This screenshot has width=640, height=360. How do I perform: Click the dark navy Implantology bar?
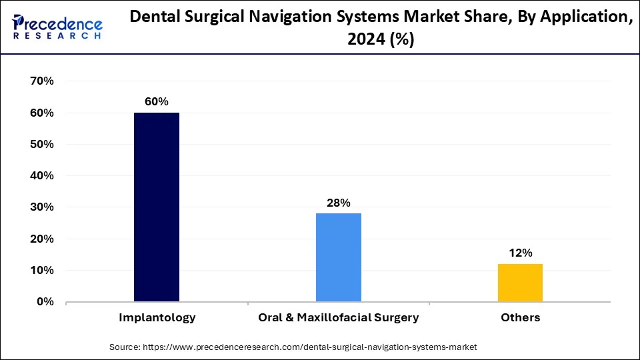point(157,207)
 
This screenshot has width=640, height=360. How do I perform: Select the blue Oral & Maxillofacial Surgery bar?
point(339,257)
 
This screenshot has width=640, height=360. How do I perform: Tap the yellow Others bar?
point(520,283)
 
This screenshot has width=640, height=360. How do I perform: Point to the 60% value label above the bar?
point(157,102)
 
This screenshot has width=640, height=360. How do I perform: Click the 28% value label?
point(339,203)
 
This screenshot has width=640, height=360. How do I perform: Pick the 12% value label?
point(520,253)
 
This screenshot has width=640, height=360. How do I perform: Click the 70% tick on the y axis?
point(41,81)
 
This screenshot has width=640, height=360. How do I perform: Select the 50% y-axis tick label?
point(41,144)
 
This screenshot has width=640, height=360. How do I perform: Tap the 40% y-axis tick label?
point(41,176)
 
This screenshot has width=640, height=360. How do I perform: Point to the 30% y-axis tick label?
point(41,207)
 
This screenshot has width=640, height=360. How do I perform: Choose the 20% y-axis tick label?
point(41,239)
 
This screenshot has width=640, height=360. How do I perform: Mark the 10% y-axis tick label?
point(41,270)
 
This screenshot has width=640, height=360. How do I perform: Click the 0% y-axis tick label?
point(45,302)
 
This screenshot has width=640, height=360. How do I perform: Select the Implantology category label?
point(157,318)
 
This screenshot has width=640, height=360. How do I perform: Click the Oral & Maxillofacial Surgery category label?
point(339,318)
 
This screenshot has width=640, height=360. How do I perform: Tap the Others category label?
point(521,318)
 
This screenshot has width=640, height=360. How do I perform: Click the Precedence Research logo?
point(57,27)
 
